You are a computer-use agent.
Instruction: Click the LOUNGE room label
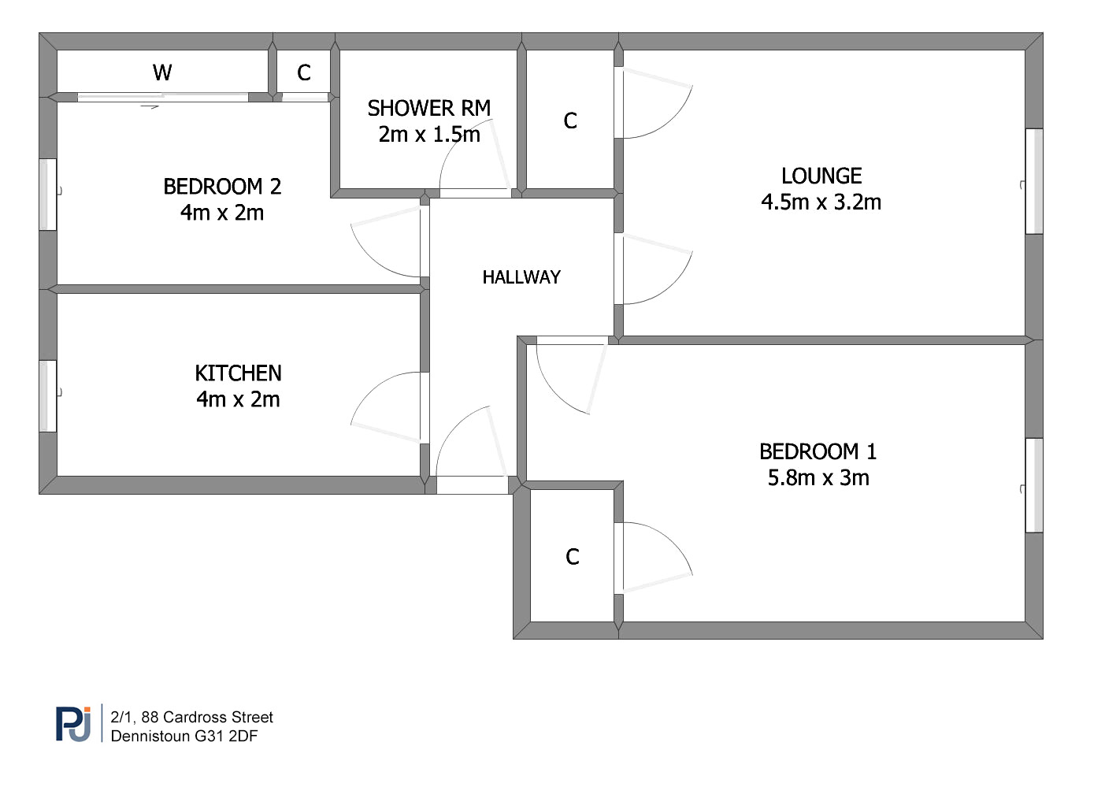[821, 176]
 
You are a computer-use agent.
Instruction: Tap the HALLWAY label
[521, 277]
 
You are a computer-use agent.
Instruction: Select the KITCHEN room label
[239, 373]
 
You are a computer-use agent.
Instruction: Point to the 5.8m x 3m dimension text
[818, 477]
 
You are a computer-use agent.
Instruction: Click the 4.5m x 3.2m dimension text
[821, 202]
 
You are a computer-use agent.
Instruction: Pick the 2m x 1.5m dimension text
[429, 134]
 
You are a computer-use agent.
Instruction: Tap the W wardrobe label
[162, 72]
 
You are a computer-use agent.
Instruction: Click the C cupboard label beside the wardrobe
[304, 73]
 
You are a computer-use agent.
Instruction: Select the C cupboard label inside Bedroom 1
[573, 557]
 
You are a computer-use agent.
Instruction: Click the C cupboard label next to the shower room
[570, 121]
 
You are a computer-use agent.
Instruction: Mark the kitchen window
[48, 395]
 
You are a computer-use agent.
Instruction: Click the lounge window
[1034, 181]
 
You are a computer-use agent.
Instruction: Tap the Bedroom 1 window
[1034, 485]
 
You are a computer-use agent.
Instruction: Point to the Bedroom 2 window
[48, 195]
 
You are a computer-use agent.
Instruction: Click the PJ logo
[73, 724]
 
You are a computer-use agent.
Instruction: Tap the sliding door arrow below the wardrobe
[150, 106]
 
